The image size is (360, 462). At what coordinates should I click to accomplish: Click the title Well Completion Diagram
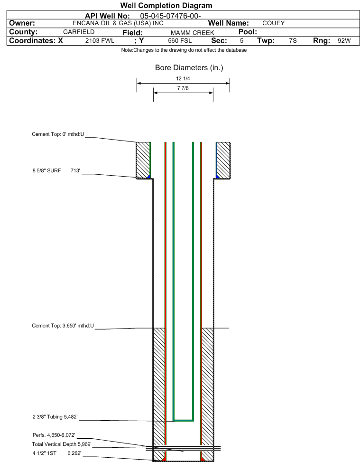tap(166, 6)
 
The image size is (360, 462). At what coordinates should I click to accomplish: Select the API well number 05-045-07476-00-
tap(170, 16)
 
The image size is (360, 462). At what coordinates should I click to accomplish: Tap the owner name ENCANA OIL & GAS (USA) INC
tap(118, 23)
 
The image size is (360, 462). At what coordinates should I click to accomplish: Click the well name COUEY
tap(274, 23)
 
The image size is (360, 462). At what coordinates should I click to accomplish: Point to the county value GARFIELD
tap(79, 32)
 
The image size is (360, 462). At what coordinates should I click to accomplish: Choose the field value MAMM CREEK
tap(193, 33)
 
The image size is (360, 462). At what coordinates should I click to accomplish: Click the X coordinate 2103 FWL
tap(100, 41)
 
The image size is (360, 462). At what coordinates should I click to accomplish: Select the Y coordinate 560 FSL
tap(180, 41)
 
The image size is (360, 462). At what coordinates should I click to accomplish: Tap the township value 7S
tap(293, 41)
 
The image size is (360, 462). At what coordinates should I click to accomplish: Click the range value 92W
tap(344, 41)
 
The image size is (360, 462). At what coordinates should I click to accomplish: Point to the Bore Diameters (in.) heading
tap(189, 68)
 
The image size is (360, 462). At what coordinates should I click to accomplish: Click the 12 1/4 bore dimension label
tap(183, 79)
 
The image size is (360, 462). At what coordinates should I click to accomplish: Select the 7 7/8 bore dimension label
tap(183, 88)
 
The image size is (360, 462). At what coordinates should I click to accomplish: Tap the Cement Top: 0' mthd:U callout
tap(58, 134)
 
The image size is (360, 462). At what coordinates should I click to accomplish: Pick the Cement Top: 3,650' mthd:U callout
tap(63, 326)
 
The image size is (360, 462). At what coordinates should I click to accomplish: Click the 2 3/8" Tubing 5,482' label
tap(55, 417)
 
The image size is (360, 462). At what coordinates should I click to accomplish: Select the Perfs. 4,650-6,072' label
tap(54, 435)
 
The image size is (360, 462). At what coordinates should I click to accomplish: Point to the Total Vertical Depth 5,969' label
tap(62, 444)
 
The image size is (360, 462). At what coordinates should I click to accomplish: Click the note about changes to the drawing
tap(184, 50)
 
